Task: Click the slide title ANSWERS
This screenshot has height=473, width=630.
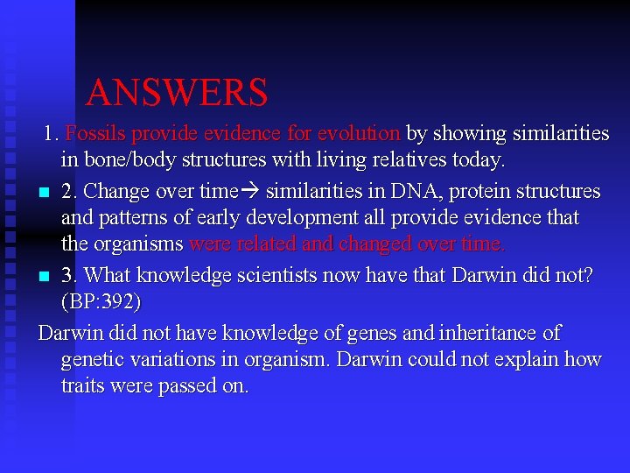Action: click(177, 92)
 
